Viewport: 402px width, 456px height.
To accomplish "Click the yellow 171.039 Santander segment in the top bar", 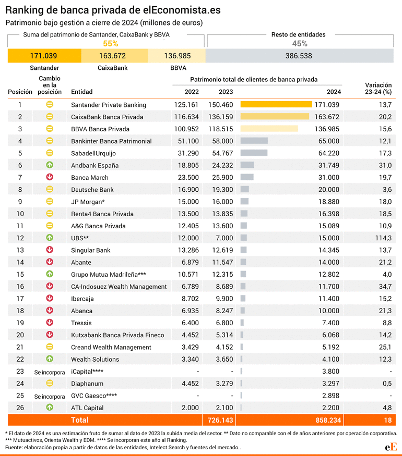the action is coord(44,56).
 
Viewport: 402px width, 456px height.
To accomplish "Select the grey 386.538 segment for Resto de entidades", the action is coord(300,56).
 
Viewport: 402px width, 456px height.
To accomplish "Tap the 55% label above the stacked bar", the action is coord(110,44).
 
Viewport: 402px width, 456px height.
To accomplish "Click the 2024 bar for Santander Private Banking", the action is coord(276,104).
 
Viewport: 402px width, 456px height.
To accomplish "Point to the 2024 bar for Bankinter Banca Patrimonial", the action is coord(254,141).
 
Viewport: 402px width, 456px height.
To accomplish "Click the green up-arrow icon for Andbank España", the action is coord(50,165).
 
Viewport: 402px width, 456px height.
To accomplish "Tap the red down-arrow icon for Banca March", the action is coord(50,177).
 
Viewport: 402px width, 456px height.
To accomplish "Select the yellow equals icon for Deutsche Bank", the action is coord(50,189).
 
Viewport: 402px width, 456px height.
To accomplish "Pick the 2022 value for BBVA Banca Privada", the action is coord(186,129).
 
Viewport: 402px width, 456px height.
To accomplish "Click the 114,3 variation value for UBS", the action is coord(383,238).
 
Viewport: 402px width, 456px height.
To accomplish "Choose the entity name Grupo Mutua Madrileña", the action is coord(109,274).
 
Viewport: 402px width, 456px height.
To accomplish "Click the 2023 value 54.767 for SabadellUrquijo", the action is coord(222,153).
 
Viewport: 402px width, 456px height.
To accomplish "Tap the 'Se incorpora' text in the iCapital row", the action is coord(50,372).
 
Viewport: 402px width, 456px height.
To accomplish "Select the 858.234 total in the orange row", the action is coord(328,420).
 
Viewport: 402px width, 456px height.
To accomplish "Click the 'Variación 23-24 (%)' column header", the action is coord(379,89).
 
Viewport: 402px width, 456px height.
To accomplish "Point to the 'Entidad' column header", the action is coord(82,92).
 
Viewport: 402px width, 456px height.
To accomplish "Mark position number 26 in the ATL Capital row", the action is coord(20,408).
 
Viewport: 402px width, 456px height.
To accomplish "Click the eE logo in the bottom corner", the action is coord(391,447).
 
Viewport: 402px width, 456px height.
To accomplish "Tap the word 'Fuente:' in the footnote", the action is coord(14,447).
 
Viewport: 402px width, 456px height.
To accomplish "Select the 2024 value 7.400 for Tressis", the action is coord(330,323).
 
